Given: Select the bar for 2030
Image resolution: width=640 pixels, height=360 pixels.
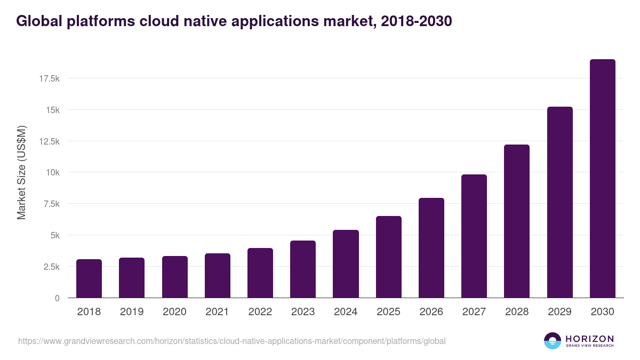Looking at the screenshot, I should click(602, 179).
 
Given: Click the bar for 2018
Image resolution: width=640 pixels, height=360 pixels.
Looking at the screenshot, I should click(89, 278).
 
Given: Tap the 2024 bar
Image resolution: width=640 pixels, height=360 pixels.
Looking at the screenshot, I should click(346, 264).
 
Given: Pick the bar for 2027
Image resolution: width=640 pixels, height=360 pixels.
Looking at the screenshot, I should click(474, 236).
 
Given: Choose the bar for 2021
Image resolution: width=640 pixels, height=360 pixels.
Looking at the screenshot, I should click(218, 276).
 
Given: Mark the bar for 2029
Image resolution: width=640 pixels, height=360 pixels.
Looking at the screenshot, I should click(559, 202).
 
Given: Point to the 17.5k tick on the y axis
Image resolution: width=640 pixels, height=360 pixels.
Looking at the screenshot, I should click(49, 79).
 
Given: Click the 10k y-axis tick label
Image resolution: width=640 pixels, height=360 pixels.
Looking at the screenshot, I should click(52, 173).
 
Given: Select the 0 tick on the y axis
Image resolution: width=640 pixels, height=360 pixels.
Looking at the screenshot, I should click(57, 298).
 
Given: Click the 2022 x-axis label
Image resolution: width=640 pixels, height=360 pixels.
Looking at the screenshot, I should click(260, 312).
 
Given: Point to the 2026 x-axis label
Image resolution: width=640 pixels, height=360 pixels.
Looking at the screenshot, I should click(431, 312).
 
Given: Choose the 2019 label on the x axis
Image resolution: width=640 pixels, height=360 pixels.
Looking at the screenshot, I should click(132, 312).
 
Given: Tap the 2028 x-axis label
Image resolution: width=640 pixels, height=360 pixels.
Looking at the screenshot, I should click(517, 312).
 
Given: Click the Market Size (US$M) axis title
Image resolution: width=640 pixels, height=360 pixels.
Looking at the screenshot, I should click(22, 173).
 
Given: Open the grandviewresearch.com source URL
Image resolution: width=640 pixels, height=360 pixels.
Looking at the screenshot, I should click(231, 341).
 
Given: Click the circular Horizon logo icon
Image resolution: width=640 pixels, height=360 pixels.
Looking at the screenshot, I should click(553, 341).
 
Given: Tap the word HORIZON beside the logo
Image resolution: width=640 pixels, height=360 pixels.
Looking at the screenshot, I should click(589, 339).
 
